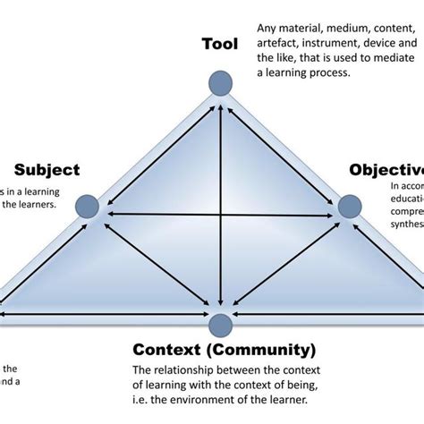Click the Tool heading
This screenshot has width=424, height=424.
(220, 44)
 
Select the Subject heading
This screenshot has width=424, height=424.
(47, 169)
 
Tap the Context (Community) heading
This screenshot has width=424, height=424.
(225, 349)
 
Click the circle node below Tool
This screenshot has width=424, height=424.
(220, 83)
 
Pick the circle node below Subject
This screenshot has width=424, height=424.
(87, 207)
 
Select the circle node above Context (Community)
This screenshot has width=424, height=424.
(220, 323)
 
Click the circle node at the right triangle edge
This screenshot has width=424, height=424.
(350, 207)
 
